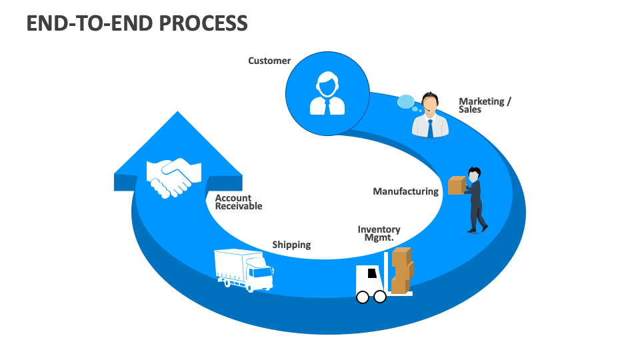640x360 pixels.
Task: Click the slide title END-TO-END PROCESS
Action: pos(137,23)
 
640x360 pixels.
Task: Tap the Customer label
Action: pos(269,61)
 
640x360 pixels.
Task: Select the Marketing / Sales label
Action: pos(485,105)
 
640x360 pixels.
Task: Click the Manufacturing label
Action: pos(405,191)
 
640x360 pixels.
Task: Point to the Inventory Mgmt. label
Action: pos(379,233)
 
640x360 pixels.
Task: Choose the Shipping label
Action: pos(291,245)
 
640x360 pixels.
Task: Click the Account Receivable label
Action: pos(239,202)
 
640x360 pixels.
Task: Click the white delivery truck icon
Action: pos(244,270)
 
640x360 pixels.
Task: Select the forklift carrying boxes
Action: pos(384,276)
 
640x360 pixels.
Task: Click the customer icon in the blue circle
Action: pos(327,94)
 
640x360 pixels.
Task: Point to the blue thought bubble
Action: pos(407,102)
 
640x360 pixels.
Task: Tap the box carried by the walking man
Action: pos(456,185)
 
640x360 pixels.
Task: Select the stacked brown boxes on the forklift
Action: pos(401,270)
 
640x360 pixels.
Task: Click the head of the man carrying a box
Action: pos(474,175)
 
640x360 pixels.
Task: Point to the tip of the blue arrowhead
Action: pos(177,113)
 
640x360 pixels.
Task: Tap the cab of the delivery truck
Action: pos(260,274)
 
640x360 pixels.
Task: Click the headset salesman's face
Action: pos(430,105)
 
